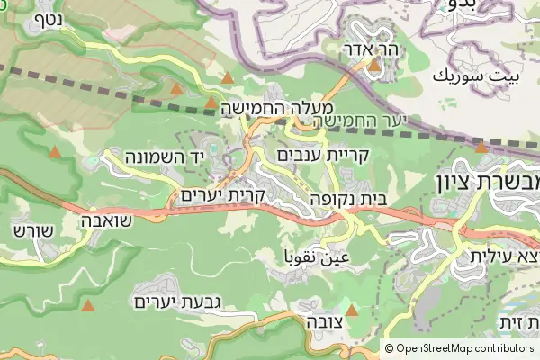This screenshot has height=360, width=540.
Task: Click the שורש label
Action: point(27,229)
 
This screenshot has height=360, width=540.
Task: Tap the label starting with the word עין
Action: point(316,258)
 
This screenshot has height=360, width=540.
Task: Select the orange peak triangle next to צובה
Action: point(352,310)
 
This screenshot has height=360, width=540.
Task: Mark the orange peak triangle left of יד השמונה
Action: point(56,153)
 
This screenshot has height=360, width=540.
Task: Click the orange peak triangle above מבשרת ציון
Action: point(481,147)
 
